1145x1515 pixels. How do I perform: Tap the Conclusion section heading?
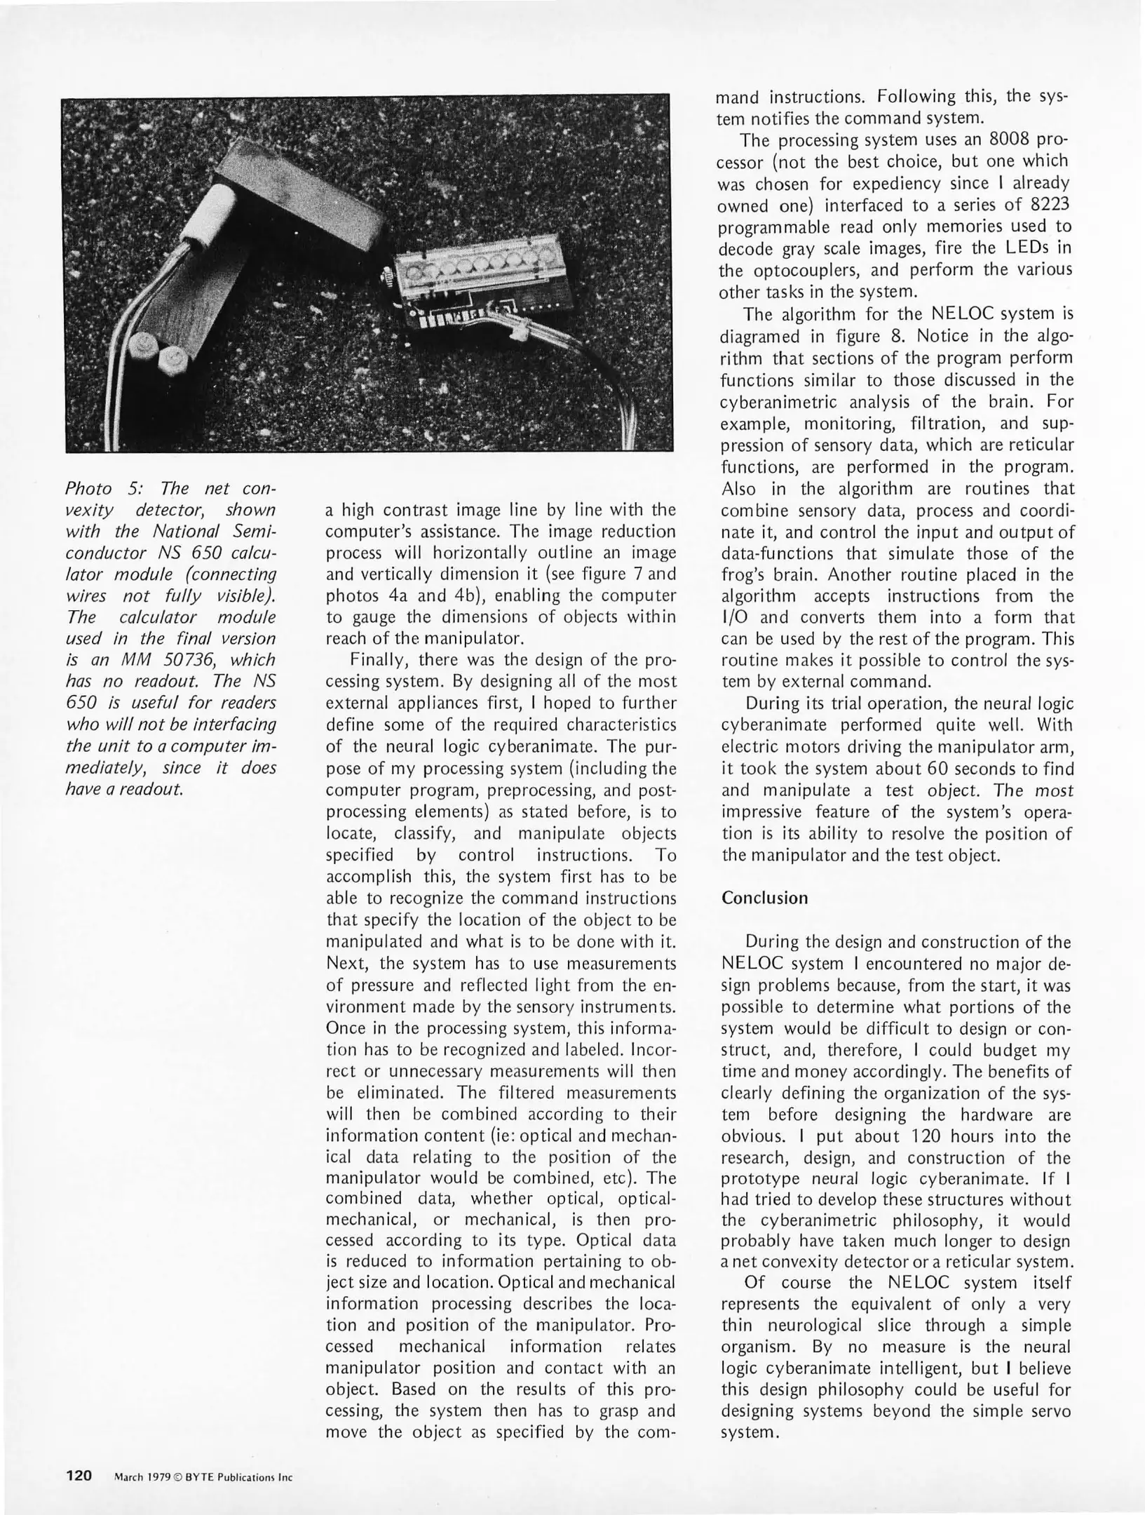(764, 898)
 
